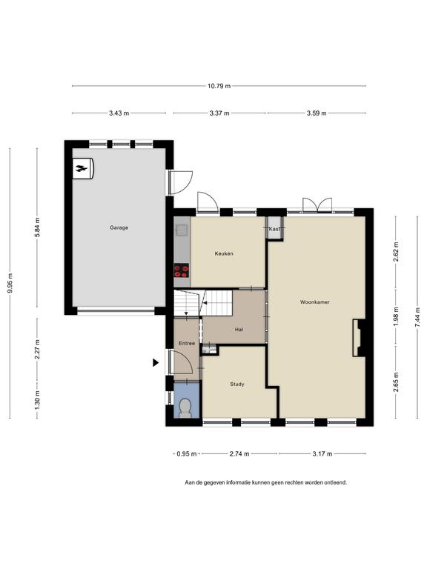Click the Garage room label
click(x=119, y=228)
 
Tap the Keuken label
click(x=224, y=253)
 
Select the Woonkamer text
click(x=315, y=302)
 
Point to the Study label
click(x=237, y=385)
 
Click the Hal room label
click(x=239, y=330)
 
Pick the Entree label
click(x=187, y=343)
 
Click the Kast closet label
click(x=274, y=229)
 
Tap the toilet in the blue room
click(x=185, y=408)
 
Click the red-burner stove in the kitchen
click(x=182, y=270)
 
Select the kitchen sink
click(x=182, y=230)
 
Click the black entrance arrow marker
click(x=156, y=362)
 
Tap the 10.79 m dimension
click(x=219, y=86)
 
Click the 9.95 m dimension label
click(x=10, y=283)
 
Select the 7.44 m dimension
click(x=418, y=318)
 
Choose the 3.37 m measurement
click(x=219, y=113)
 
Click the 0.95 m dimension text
click(x=187, y=454)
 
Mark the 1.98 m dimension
click(x=396, y=316)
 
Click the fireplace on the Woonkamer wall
click(x=359, y=338)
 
